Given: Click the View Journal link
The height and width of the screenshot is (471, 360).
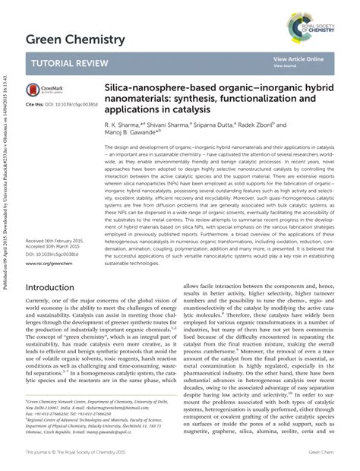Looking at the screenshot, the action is point(286,66).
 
